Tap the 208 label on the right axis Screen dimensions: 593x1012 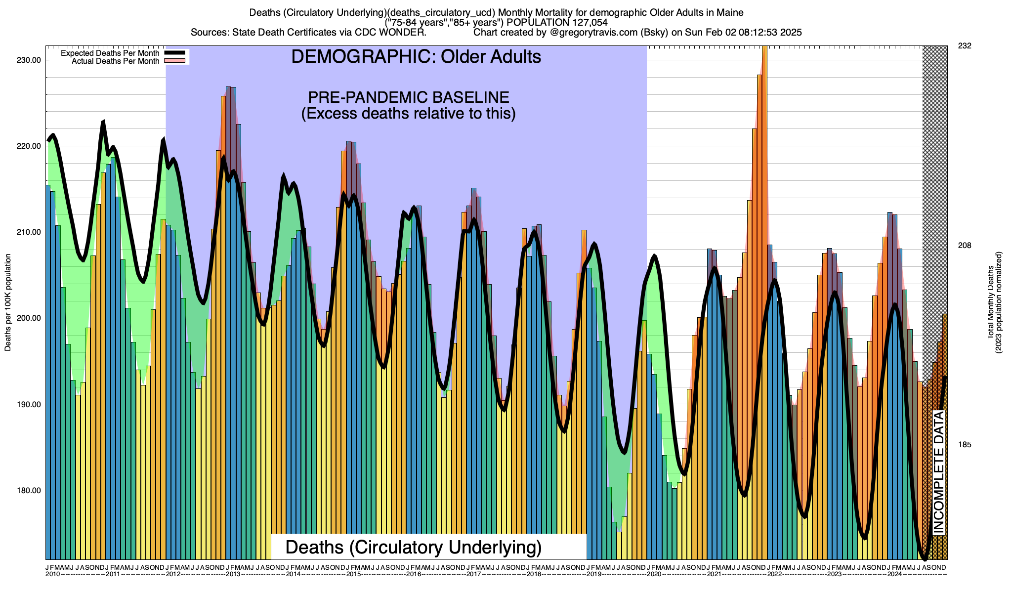tap(965, 246)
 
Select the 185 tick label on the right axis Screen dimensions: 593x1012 tap(965, 445)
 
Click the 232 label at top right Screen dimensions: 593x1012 tap(965, 46)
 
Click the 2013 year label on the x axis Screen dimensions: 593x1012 tap(233, 574)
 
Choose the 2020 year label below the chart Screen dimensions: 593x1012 tap(654, 574)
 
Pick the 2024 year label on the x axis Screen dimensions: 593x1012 tap(894, 574)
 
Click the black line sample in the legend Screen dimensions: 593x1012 tap(175, 53)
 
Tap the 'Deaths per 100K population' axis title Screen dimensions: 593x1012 tap(8, 302)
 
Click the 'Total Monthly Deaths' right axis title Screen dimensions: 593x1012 tap(991, 302)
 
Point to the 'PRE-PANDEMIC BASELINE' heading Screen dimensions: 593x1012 tap(408, 97)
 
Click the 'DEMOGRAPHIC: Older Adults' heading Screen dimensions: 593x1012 tap(416, 57)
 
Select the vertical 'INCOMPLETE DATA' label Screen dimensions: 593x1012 tap(939, 472)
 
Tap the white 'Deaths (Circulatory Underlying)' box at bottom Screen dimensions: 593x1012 tap(414, 547)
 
